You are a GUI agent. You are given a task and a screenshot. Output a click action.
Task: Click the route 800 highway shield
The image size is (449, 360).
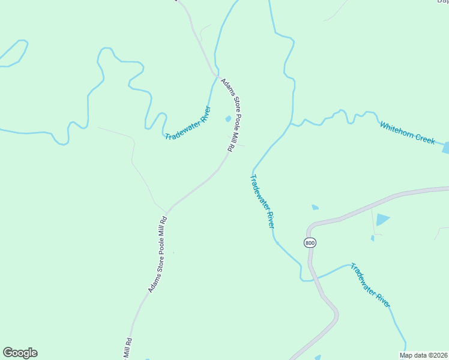310,242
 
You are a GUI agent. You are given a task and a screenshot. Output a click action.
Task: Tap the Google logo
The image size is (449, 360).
20,353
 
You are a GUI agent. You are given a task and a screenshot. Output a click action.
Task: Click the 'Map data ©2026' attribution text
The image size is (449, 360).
423,355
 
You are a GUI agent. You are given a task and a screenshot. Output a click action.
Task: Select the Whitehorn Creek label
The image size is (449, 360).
407,133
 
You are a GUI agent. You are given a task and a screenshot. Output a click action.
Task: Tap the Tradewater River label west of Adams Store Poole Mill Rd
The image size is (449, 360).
188,124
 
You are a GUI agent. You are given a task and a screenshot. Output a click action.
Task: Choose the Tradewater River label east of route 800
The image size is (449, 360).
370,285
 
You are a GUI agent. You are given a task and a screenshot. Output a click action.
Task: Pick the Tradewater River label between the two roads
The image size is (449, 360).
262,200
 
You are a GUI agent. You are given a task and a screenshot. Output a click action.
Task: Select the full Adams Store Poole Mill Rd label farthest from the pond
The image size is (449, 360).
158,254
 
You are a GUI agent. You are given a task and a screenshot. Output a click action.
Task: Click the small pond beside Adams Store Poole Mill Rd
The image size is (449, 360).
228,119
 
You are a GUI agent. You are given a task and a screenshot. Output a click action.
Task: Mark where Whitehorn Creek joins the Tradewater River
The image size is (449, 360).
292,125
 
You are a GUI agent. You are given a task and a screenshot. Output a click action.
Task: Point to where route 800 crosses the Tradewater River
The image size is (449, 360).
312,278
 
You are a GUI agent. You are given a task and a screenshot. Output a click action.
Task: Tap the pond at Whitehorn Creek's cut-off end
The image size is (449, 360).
446,148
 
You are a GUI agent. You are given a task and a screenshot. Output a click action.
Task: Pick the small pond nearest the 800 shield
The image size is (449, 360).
315,208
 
